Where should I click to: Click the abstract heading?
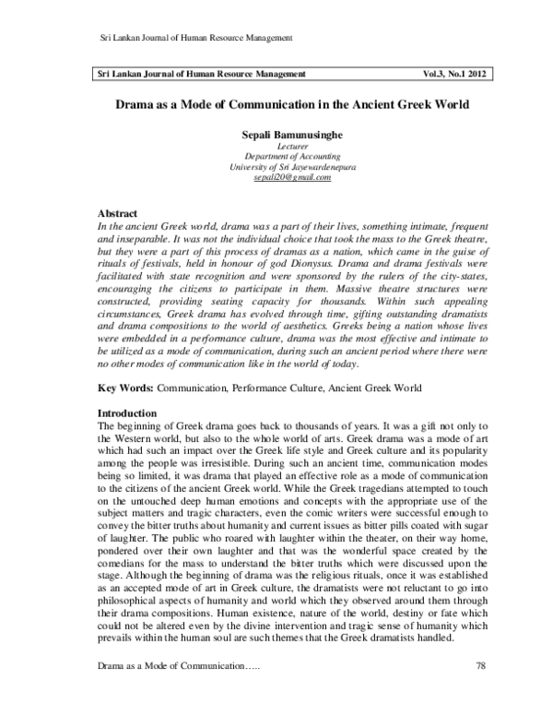coord(118,213)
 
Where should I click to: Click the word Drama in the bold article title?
coord(139,104)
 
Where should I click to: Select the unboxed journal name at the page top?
coord(195,37)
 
